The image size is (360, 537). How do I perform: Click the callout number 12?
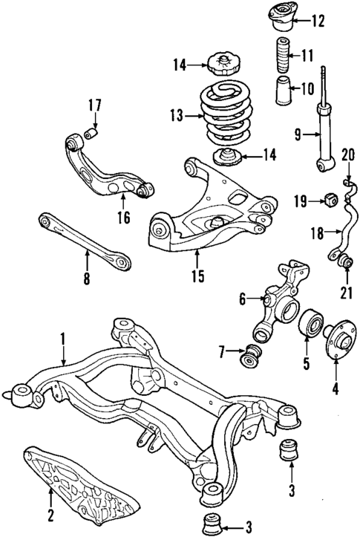pyautogui.click(x=318, y=21)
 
